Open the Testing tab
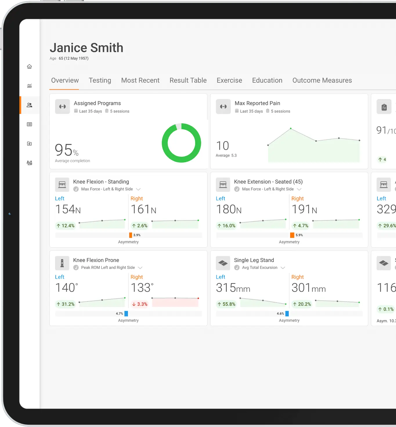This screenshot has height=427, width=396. click(x=100, y=80)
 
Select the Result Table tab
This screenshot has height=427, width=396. click(x=188, y=80)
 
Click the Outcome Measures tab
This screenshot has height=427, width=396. click(x=322, y=80)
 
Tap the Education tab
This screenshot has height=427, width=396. click(x=267, y=80)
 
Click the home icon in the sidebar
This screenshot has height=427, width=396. click(x=29, y=67)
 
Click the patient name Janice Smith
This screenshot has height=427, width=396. click(x=86, y=48)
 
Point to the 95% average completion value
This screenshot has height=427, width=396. click(x=66, y=150)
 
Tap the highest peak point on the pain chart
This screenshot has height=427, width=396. click(x=291, y=128)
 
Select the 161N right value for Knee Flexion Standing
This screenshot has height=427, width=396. click(x=143, y=209)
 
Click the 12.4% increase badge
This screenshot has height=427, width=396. click(x=66, y=226)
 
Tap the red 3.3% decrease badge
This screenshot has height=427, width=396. click(x=140, y=304)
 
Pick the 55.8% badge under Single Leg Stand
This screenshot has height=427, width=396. click(x=227, y=304)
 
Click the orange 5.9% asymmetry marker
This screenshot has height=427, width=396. click(x=292, y=235)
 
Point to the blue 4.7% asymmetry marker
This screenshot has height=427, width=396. click(x=126, y=313)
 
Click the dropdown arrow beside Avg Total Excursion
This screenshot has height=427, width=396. click(x=283, y=268)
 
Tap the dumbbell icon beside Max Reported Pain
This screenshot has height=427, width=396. click(x=223, y=106)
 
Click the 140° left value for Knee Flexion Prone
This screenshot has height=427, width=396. click(x=67, y=288)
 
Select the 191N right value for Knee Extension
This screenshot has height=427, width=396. click(x=304, y=209)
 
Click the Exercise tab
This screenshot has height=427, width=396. click(x=229, y=80)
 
